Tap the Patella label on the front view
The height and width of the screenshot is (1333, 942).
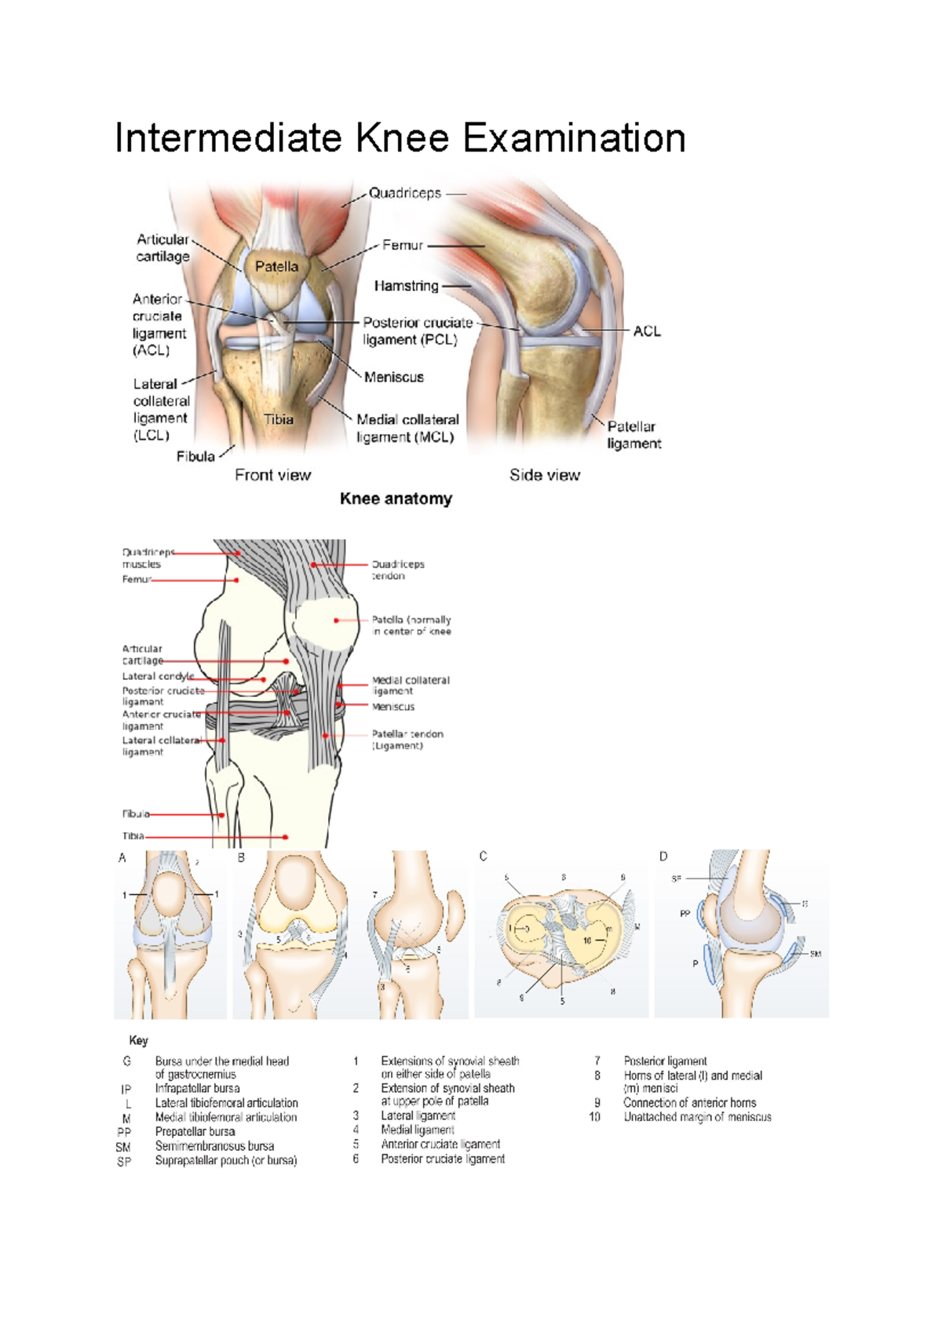point(276,267)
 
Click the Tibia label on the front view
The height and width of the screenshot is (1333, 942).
point(278,419)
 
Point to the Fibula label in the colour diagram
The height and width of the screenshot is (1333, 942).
point(195,456)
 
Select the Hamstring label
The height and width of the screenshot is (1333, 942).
point(406,286)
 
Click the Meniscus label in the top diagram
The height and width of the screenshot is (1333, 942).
point(393,377)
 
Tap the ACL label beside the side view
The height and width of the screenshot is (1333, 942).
point(647,331)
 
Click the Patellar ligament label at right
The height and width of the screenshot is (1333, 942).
point(633,435)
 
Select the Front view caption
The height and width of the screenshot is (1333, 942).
point(272,475)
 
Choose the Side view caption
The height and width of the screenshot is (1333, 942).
point(545,475)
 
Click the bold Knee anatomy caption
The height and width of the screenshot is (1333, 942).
point(396,499)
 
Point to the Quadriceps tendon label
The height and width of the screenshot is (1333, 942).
point(397,570)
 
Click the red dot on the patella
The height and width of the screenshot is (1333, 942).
point(337,620)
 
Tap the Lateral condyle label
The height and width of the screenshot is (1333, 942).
point(158,676)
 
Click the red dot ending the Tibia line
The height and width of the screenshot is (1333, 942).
point(286,837)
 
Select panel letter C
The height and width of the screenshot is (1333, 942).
point(483,856)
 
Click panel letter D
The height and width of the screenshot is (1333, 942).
point(663,856)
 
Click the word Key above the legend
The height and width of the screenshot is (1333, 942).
point(138,1040)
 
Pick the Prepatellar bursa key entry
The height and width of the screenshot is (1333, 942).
point(195,1132)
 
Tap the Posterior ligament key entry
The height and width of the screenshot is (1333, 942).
point(665,1061)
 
